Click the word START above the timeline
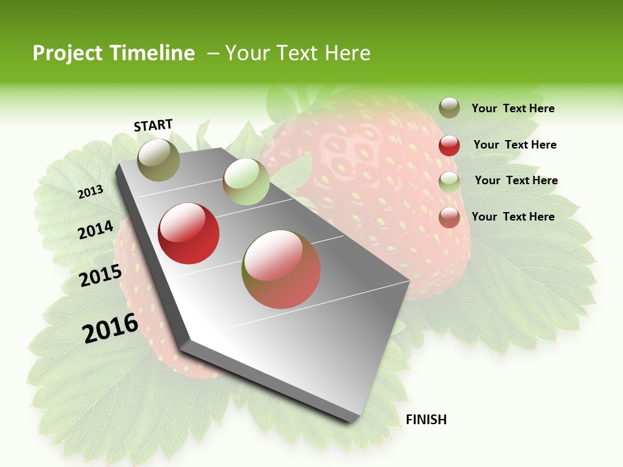coord(153,125)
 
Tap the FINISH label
coord(426,420)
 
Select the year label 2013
coord(91,192)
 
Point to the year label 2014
coord(96,230)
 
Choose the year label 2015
coord(101,276)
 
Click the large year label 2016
coord(110,328)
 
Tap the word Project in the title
coord(68,53)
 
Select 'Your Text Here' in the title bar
coord(298,53)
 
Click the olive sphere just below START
coord(159,160)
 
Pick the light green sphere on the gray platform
coord(246,182)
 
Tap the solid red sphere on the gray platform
coord(189,233)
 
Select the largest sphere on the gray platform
coord(281,269)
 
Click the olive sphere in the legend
coord(449,108)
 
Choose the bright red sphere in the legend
coord(449,145)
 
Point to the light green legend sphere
coord(449,182)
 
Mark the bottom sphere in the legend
coord(449,217)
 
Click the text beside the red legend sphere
coord(515,145)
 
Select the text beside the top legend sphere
coord(513,108)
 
